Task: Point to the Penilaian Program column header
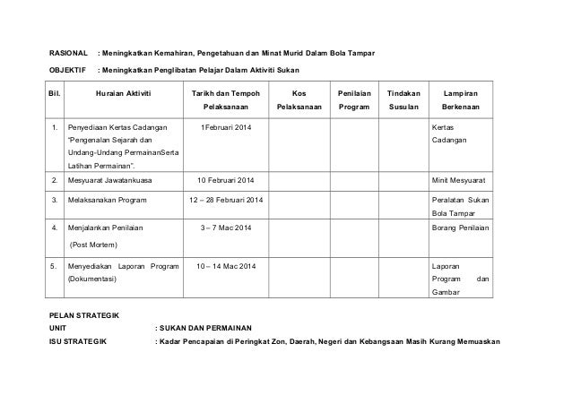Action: coord(352,102)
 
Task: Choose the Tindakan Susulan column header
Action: coord(403,102)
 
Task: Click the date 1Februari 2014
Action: coord(227,128)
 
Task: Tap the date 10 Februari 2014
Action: coord(227,180)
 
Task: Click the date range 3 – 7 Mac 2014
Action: coord(227,228)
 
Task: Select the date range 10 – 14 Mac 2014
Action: coord(227,267)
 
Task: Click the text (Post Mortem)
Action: coord(95,245)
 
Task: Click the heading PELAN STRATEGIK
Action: coord(89,314)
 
